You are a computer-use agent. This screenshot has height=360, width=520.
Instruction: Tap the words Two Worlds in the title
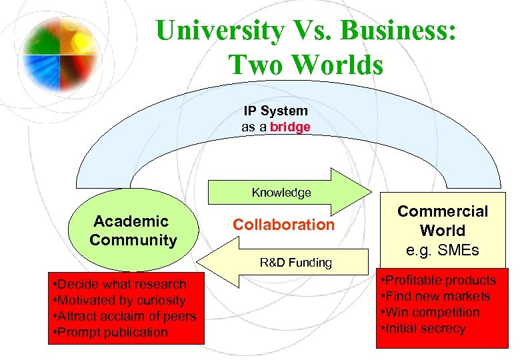pyautogui.click(x=306, y=64)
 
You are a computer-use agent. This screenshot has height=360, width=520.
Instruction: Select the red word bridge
pyautogui.click(x=290, y=127)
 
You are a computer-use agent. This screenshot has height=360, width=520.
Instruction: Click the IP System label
pyautogui.click(x=275, y=111)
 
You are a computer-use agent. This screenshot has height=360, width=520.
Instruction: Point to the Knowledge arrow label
pyautogui.click(x=281, y=193)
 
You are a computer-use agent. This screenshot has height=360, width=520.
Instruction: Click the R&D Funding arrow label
pyautogui.click(x=296, y=262)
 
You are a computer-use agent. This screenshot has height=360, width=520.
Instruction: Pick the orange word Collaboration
pyautogui.click(x=283, y=225)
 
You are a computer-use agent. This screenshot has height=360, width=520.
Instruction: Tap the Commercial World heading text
pyautogui.click(x=443, y=221)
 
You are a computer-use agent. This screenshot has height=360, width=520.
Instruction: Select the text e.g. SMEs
pyautogui.click(x=443, y=251)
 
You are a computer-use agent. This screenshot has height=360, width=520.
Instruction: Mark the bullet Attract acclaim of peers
pyautogui.click(x=124, y=317)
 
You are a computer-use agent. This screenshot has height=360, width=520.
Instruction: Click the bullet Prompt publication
pyautogui.click(x=111, y=332)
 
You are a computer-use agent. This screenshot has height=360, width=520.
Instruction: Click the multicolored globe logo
pyautogui.click(x=60, y=46)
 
